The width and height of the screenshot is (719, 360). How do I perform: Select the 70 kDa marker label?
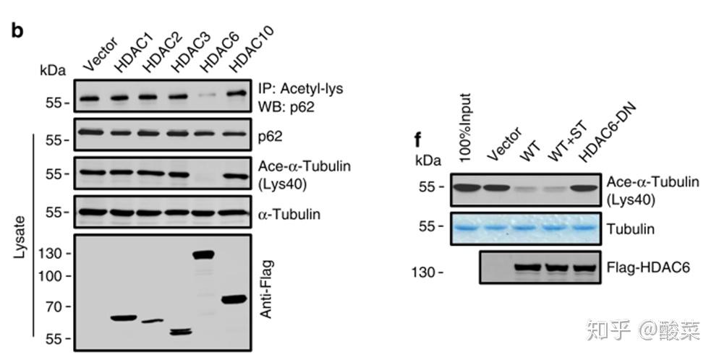point(55,307)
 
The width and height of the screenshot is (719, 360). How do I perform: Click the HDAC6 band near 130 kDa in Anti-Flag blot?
point(204,254)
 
